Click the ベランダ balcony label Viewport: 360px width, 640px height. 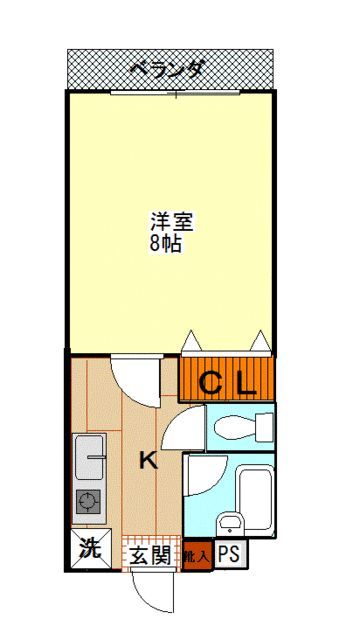pos(169,69)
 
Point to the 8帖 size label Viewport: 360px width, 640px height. pos(165,244)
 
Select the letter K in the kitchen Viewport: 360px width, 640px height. pos(147,461)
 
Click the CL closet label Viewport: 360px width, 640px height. pos(227,382)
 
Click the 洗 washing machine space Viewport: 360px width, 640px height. pos(90,549)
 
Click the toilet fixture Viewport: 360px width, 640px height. pos(240,428)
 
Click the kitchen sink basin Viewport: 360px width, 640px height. pos(90,460)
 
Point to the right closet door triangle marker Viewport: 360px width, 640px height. pos(262,342)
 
